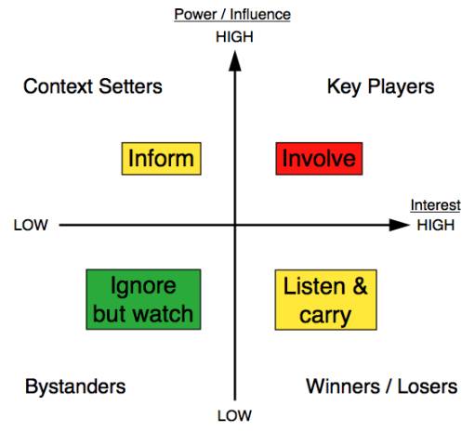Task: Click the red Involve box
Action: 319,159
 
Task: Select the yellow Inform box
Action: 162,159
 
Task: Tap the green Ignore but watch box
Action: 143,299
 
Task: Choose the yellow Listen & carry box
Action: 326,300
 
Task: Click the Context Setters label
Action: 93,86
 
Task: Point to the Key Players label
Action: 381,86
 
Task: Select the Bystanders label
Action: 75,386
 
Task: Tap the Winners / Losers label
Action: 382,386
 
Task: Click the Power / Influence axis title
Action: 232,14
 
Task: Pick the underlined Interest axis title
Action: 436,205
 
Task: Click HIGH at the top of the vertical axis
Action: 234,37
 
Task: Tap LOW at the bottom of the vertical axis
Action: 234,415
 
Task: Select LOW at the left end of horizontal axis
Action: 31,225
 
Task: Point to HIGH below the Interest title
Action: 436,225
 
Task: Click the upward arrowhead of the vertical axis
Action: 235,61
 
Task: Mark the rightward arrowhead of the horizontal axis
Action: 400,225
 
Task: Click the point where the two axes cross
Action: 235,225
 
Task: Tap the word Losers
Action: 428,386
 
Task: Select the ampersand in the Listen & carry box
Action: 360,286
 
